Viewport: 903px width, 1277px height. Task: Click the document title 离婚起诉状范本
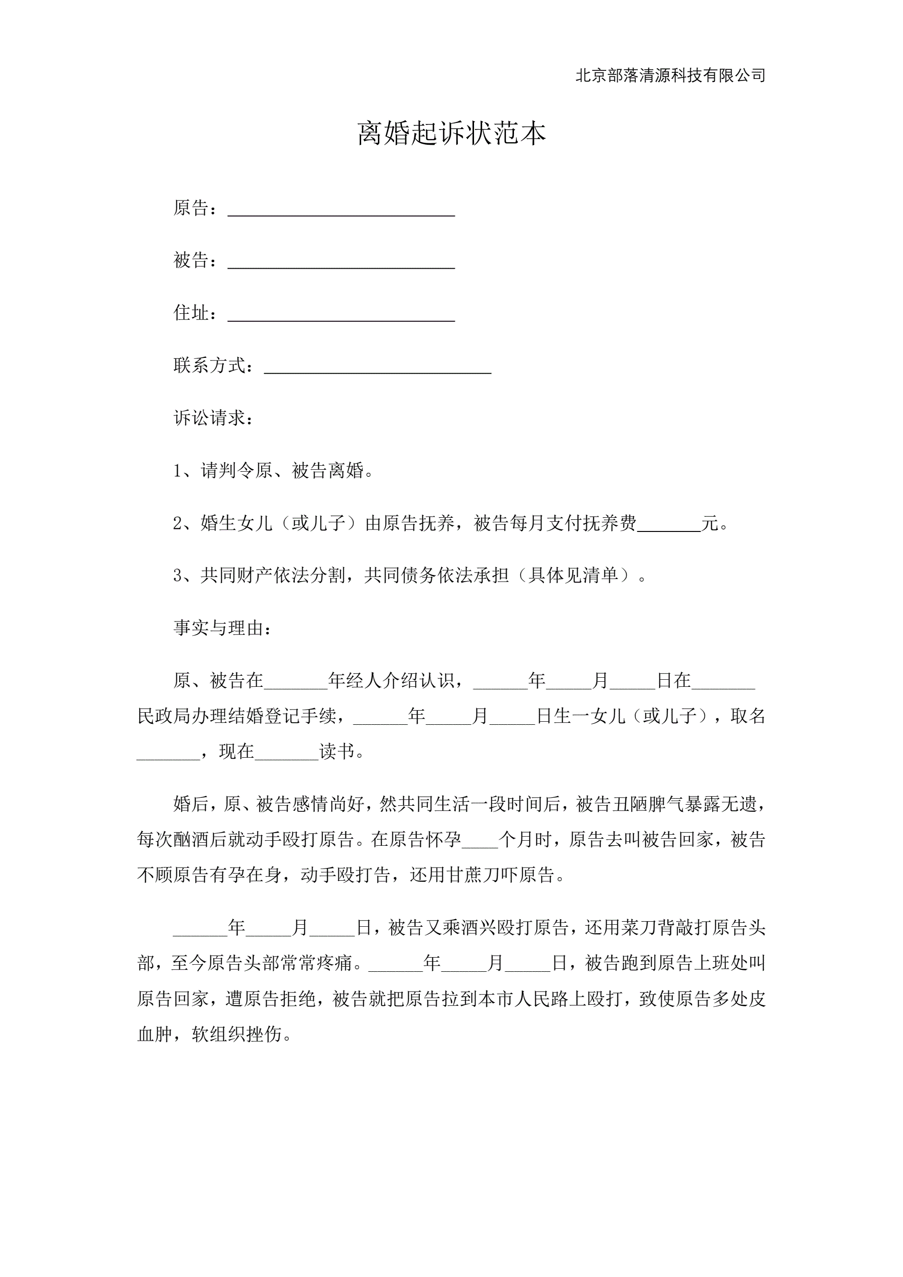pos(451,134)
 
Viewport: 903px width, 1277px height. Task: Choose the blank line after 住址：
pos(341,315)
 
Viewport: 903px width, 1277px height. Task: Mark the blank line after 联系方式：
pos(377,367)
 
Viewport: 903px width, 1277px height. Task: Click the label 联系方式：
pos(214,365)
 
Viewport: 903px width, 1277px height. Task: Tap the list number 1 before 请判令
pos(178,471)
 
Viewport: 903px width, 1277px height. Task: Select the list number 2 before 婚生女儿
pos(178,523)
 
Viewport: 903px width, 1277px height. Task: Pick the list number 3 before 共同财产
pos(178,575)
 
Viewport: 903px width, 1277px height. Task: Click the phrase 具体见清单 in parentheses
pos(573,575)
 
